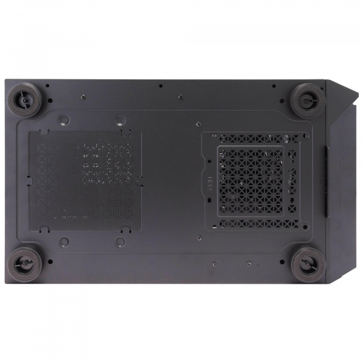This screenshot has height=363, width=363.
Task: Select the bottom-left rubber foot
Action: point(25,262)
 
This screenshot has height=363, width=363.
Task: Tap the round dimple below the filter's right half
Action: point(121,242)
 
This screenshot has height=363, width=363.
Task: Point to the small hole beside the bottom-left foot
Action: point(50,263)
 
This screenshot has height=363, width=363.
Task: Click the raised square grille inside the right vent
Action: point(250,179)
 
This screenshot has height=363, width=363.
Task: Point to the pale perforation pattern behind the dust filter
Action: point(107,162)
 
